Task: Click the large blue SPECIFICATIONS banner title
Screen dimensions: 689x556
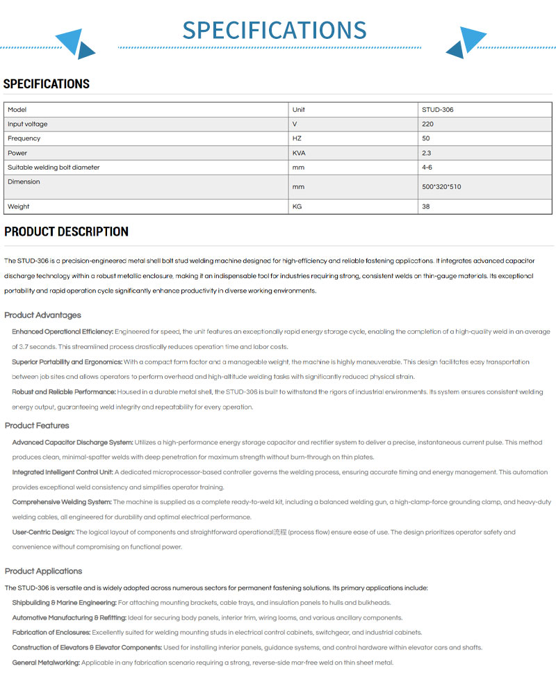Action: coord(275,31)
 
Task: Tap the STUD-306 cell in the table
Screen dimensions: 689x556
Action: coord(438,110)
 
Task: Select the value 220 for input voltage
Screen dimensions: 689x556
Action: coord(427,124)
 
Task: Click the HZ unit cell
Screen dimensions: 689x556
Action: coord(297,138)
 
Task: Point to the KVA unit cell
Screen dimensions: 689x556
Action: coord(299,153)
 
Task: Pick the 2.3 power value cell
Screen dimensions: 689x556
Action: coord(426,153)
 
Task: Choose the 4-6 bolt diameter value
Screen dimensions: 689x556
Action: coord(427,168)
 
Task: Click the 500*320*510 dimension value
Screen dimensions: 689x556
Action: coord(441,187)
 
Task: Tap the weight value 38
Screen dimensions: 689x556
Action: coord(426,206)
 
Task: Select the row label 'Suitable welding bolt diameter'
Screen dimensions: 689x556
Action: coord(54,168)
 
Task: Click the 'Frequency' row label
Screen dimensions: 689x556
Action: coord(24,138)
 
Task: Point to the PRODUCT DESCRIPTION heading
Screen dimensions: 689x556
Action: coord(66,232)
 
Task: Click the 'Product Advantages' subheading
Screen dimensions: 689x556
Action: coord(42,315)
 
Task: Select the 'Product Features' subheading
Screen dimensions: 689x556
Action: coord(37,425)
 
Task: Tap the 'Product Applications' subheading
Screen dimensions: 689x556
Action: coord(43,571)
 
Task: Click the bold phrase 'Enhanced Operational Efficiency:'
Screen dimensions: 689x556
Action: coord(63,332)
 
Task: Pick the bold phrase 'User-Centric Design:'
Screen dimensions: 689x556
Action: coord(43,533)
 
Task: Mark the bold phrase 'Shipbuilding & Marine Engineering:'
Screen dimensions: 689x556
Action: coord(64,603)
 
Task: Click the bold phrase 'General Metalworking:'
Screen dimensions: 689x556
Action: coord(46,663)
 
